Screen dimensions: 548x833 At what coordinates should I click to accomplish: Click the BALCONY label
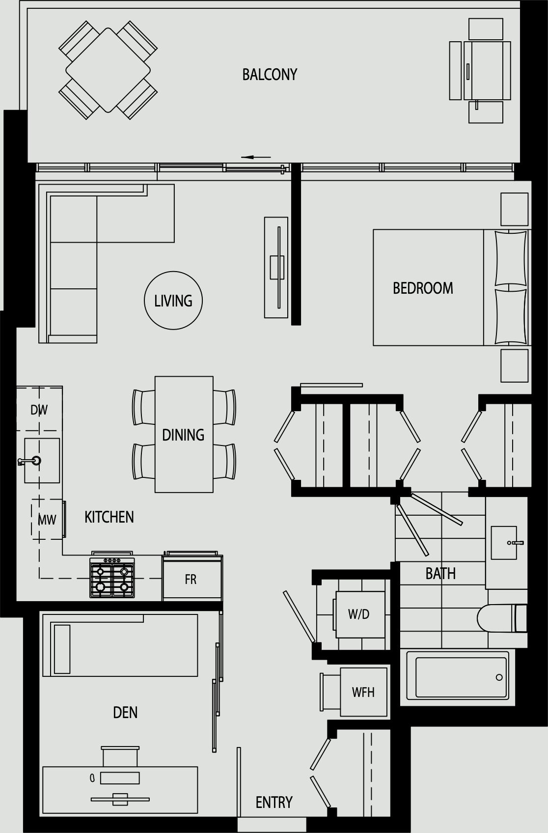click(270, 75)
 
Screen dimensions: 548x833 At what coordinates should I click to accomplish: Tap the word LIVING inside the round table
click(173, 301)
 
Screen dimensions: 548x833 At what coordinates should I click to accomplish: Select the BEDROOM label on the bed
click(423, 288)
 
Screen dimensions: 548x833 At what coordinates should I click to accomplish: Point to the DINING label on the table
click(183, 435)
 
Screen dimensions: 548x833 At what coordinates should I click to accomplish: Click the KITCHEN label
click(109, 517)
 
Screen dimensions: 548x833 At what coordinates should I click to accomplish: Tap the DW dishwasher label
click(39, 410)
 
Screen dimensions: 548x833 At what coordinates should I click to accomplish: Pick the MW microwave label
click(47, 520)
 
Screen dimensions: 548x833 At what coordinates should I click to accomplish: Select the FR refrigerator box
click(192, 579)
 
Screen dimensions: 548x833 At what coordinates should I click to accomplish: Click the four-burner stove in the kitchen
click(112, 577)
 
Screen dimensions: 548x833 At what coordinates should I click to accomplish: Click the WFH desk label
click(363, 693)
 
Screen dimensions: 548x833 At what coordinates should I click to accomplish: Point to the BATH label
click(440, 574)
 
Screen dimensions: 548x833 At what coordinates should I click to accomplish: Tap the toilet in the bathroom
click(502, 618)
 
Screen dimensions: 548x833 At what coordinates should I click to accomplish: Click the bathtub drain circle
click(499, 678)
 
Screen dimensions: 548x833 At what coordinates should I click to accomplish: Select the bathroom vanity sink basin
click(504, 543)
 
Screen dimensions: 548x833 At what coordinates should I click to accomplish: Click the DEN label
click(125, 713)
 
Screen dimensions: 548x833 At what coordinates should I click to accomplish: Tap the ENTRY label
click(274, 803)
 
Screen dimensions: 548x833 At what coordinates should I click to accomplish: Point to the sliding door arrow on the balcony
click(256, 157)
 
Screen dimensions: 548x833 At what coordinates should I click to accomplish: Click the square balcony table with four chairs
click(108, 70)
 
